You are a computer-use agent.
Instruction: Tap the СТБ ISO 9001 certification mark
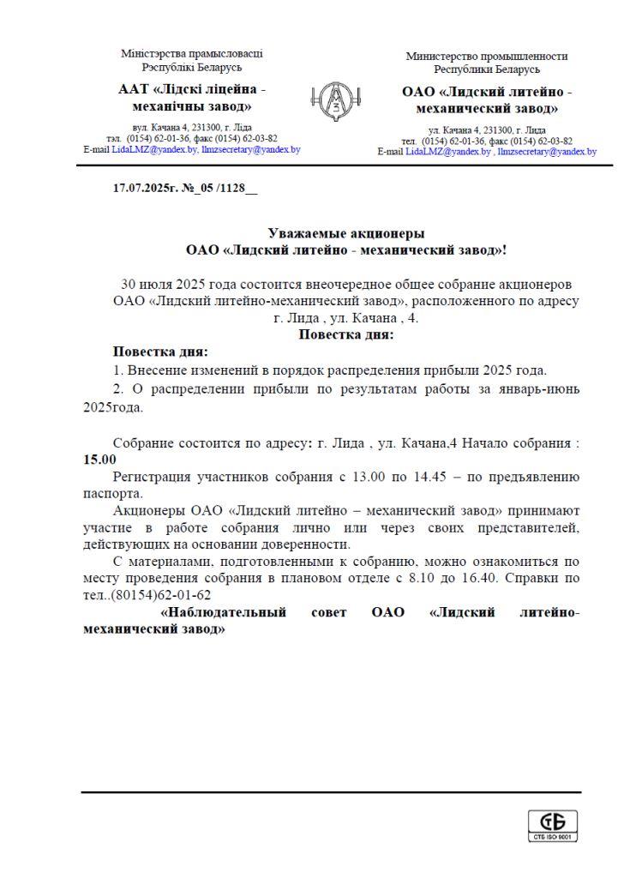(552, 825)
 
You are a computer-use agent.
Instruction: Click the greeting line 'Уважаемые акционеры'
(346, 233)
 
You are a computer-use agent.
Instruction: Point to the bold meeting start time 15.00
(99, 459)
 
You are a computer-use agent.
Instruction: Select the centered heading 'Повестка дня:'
(346, 334)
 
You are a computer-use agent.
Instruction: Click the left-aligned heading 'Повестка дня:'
(160, 352)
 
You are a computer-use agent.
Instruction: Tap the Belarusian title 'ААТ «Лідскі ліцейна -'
(192, 89)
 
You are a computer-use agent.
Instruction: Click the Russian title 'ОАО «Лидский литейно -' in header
(487, 92)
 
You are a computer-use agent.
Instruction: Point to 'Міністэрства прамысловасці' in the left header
(192, 53)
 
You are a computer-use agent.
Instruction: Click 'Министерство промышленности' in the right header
(487, 56)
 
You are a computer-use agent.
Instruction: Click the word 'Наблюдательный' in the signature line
(224, 612)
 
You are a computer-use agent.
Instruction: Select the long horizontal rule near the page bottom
(331, 792)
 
